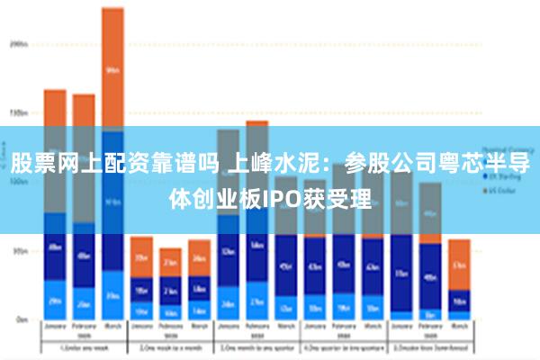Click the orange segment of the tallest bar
(112, 67)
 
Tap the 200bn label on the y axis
(16, 42)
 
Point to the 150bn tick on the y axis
(16, 113)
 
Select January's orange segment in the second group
(141, 256)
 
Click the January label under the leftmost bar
(55, 328)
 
